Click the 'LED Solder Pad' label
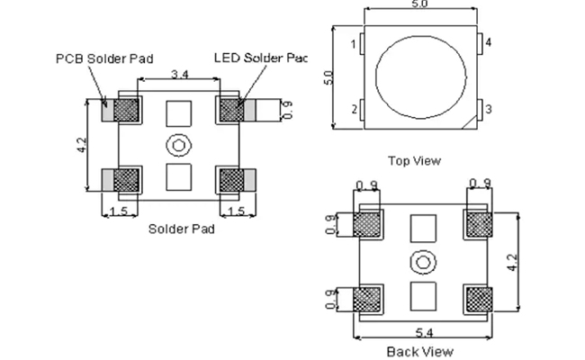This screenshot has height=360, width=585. pyautogui.click(x=260, y=58)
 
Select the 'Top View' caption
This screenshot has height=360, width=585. pyautogui.click(x=414, y=161)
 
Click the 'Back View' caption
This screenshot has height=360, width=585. pyautogui.click(x=419, y=351)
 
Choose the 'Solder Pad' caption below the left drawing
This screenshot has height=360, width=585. pyautogui.click(x=181, y=229)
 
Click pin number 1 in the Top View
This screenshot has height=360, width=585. pyautogui.click(x=355, y=43)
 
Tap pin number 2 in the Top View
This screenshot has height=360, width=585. pyautogui.click(x=355, y=110)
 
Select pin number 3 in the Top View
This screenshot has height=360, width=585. pyautogui.click(x=489, y=110)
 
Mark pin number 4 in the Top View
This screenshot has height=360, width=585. pyautogui.click(x=489, y=43)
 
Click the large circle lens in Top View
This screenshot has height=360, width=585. pyautogui.click(x=420, y=77)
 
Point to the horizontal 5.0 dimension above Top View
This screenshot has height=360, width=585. pyautogui.click(x=420, y=6)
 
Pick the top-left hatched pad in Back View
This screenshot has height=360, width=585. pyautogui.click(x=369, y=223)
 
